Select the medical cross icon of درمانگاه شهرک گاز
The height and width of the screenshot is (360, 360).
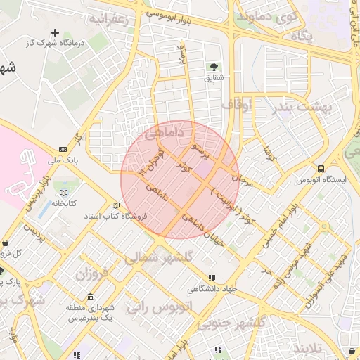(x=56, y=32)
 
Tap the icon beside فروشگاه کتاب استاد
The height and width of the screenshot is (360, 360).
(x=116, y=205)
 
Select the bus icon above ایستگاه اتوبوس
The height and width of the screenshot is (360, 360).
(x=321, y=169)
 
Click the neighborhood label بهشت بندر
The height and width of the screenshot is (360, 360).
(x=283, y=106)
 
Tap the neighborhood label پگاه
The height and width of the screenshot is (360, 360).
(x=300, y=34)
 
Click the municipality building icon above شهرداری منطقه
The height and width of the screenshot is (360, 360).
(x=90, y=297)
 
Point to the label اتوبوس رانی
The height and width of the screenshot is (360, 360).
(x=159, y=307)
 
